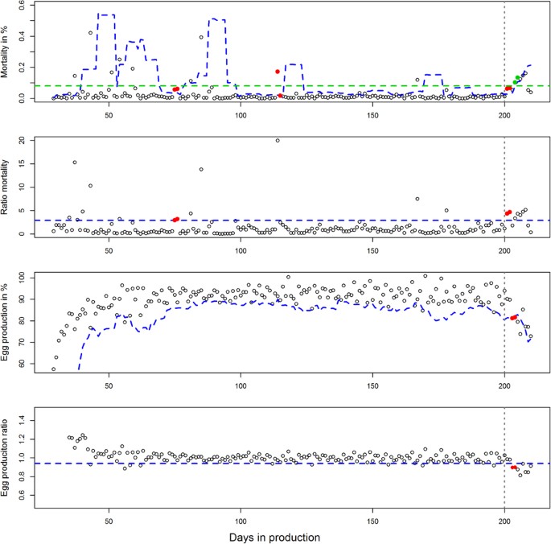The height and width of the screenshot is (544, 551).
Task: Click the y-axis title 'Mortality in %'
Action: (x=9, y=53)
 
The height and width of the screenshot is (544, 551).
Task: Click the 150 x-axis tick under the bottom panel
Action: (x=372, y=518)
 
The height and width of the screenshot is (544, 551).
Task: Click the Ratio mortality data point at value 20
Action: (x=278, y=141)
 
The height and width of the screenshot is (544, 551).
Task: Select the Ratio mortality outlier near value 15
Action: (x=75, y=163)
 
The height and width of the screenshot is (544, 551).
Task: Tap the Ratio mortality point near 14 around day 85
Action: (x=201, y=169)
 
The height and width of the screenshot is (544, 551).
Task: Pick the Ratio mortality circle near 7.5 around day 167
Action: (x=417, y=199)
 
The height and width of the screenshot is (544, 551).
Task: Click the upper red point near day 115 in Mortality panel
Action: (x=278, y=72)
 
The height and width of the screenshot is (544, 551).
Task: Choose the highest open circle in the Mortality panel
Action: (x=90, y=33)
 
